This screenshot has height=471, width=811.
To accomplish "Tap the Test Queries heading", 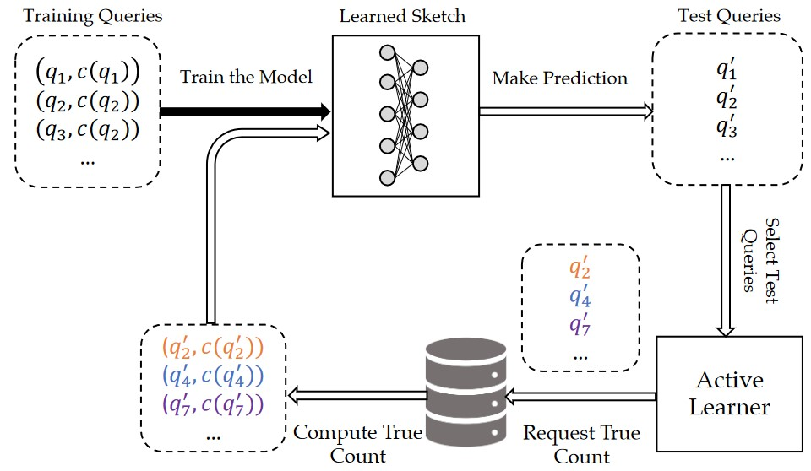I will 729,15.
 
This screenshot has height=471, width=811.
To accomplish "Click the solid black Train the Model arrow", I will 245,111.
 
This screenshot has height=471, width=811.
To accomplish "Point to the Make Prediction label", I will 559,78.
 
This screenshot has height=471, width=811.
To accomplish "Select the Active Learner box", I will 729,393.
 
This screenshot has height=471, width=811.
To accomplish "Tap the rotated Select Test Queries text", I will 760,254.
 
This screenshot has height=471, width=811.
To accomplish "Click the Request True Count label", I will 581,445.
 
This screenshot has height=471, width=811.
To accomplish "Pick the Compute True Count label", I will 357,445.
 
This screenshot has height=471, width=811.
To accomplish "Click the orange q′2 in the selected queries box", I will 580,269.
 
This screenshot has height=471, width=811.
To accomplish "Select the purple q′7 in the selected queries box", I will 580,323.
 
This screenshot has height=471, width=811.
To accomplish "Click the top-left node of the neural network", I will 388,51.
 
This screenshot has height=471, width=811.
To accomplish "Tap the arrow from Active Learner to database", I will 580,393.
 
